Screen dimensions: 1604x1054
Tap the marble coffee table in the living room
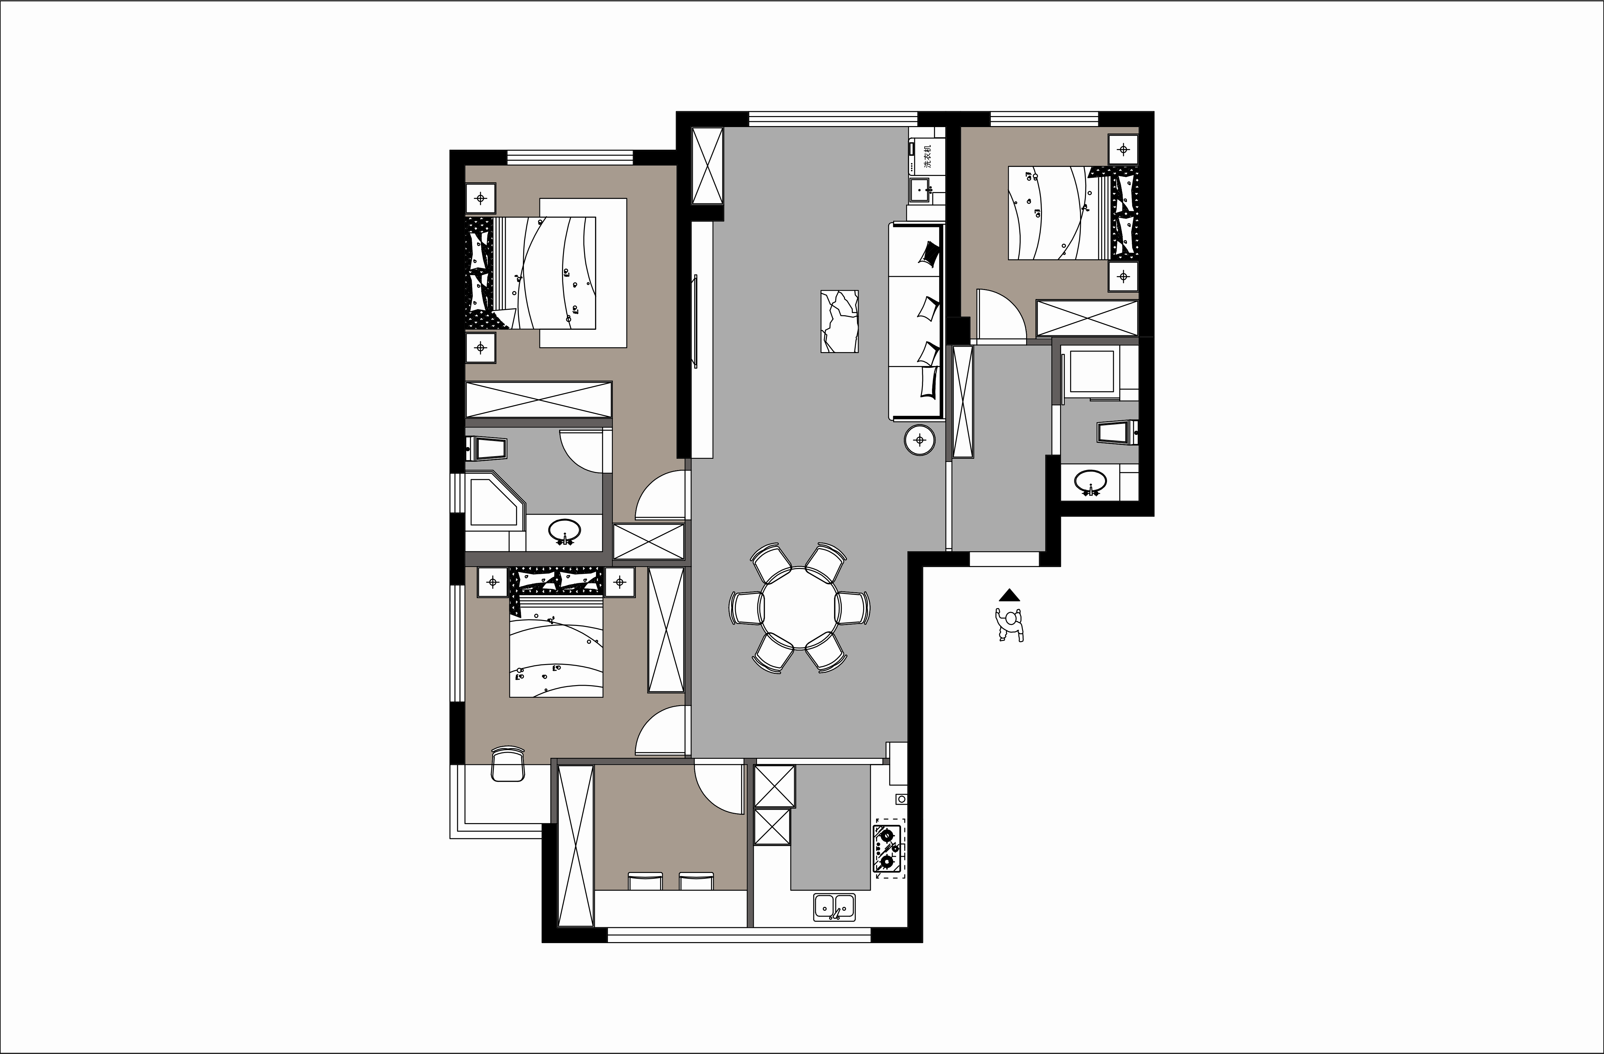839,321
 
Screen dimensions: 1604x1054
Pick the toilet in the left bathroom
485,448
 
